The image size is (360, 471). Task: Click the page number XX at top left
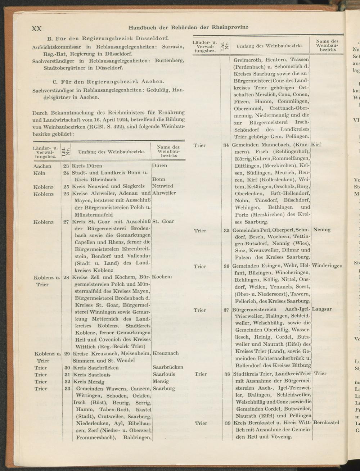point(37,29)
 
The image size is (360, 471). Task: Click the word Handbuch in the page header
point(143,27)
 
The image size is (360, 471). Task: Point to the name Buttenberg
point(170,60)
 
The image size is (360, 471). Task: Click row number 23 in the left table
point(66,166)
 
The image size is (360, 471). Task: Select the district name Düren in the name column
point(159,166)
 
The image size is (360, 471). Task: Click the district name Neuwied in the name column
point(163,186)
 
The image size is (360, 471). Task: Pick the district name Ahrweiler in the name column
point(164,193)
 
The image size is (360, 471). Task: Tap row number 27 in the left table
point(66,222)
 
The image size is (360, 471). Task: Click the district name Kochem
point(162,277)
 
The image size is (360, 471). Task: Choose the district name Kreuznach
point(166,353)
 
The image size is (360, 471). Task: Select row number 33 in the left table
point(67,389)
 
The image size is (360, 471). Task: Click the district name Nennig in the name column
point(322,229)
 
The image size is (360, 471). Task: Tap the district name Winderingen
point(327,266)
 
